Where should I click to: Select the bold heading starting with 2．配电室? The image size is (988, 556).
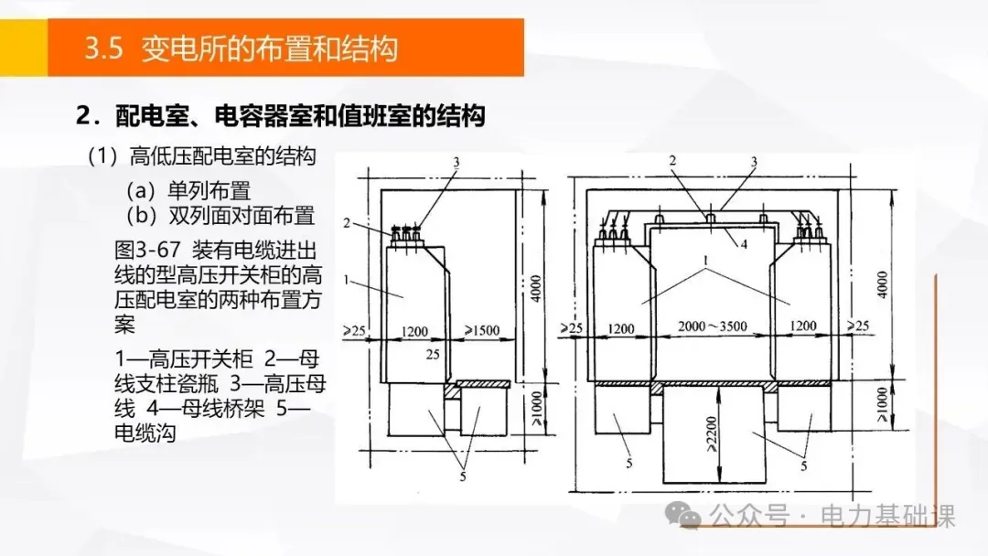point(279,117)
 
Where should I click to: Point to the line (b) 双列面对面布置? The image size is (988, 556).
point(220,216)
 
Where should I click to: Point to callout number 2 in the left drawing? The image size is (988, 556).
point(348,222)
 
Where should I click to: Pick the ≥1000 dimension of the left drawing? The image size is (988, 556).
point(537,409)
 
